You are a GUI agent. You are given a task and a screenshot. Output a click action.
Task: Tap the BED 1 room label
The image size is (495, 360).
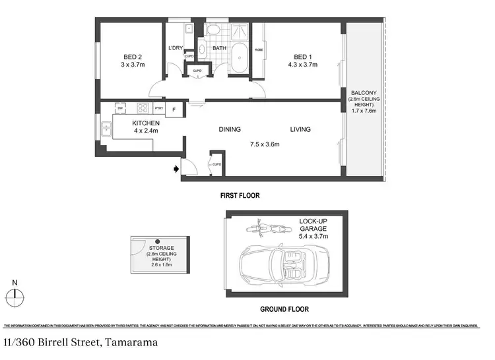303,57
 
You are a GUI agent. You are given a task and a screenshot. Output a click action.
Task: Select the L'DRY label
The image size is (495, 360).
175,48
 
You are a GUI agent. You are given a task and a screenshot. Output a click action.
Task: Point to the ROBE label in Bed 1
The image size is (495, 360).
259,49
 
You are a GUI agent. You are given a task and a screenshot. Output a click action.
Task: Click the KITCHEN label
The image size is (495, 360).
145,123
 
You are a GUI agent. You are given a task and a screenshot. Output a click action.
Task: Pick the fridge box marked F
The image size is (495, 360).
174,108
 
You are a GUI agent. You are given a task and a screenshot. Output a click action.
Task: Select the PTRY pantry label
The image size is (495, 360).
158,108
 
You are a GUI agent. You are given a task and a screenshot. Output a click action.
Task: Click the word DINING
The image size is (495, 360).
230,130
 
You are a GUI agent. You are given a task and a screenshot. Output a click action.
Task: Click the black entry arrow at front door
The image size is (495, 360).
176,169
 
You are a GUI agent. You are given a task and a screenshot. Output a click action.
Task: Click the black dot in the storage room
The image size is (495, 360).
158,242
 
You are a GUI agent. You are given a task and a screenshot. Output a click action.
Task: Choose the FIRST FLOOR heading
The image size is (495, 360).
240,195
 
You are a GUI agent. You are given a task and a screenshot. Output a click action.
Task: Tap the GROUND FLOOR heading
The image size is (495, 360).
283,309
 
